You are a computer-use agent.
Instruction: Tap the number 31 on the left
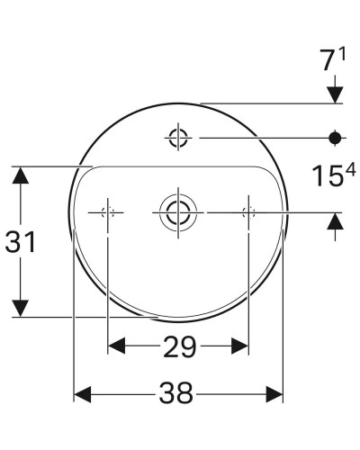click(21, 242)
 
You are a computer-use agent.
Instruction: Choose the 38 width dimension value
click(178, 394)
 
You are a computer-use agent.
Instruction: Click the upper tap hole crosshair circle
click(177, 137)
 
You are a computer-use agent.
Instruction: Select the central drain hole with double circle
click(177, 211)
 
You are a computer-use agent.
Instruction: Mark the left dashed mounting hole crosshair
click(108, 211)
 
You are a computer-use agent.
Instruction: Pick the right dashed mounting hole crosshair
click(248, 211)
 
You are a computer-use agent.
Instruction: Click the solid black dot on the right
click(336, 137)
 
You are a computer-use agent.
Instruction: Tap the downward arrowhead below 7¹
click(336, 93)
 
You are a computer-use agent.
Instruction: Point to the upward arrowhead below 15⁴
click(336, 220)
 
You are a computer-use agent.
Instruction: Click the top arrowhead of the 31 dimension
click(20, 174)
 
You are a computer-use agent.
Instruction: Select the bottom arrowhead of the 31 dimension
click(20, 310)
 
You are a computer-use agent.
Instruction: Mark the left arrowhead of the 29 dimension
click(116, 345)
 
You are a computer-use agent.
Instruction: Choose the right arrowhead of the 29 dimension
click(240, 345)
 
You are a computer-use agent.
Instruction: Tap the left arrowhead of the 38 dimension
click(81, 394)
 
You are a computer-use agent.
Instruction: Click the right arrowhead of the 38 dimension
click(275, 394)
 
